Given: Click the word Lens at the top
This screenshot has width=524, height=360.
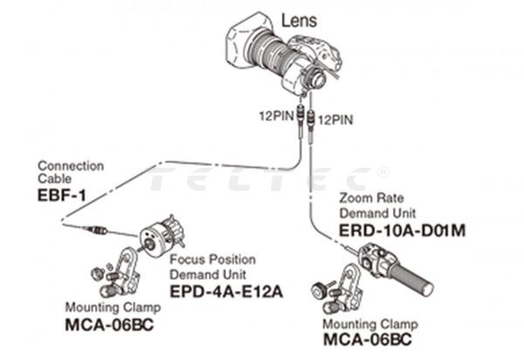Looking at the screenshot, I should click(300, 17).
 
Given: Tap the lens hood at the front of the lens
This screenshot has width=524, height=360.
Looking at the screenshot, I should click(245, 46).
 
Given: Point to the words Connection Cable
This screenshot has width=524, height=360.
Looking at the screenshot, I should click(70, 172).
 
